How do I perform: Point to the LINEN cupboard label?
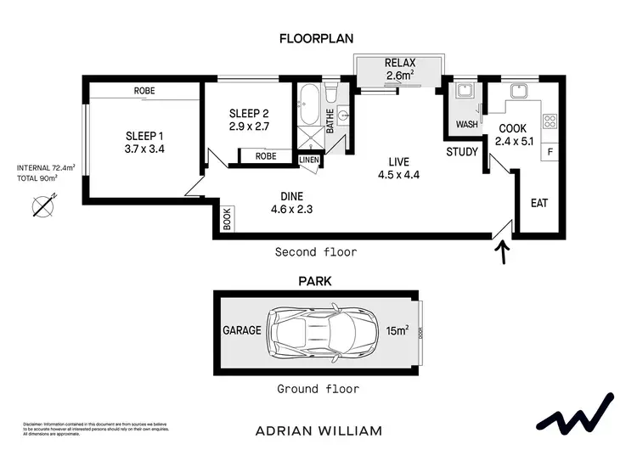pyautogui.click(x=308, y=160)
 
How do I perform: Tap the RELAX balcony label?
pyautogui.click(x=399, y=63)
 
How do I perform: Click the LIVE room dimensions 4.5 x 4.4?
pyautogui.click(x=399, y=176)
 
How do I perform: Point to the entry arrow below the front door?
pyautogui.click(x=502, y=253)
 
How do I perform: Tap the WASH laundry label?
pyautogui.click(x=466, y=125)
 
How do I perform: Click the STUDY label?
pyautogui.click(x=463, y=152)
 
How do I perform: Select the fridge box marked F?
pyautogui.click(x=550, y=152)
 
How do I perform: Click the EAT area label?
pyautogui.click(x=538, y=203)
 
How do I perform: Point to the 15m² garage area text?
pyautogui.click(x=397, y=330)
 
